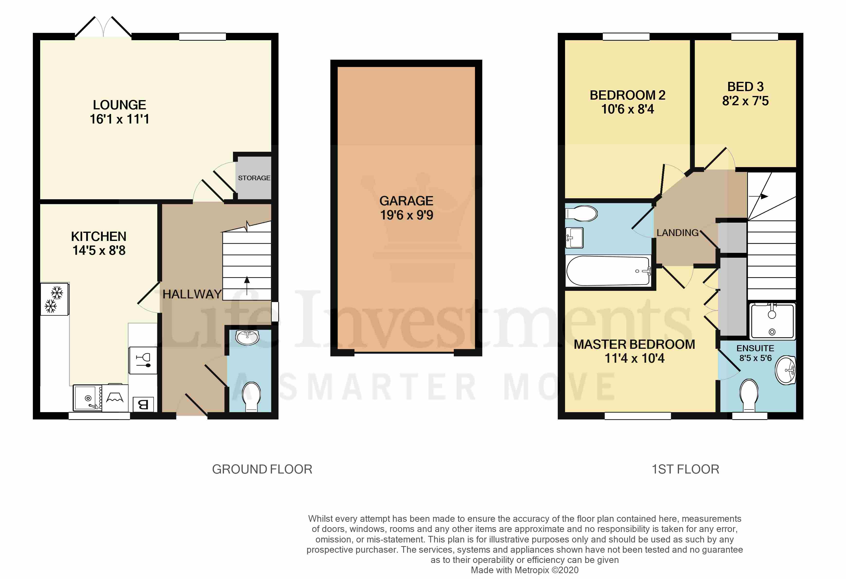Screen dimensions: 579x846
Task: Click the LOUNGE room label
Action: point(119,105)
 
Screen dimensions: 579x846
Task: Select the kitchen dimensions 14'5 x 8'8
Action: point(99,251)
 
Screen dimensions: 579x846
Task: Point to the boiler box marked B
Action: point(143,404)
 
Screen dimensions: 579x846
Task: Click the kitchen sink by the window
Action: point(88,398)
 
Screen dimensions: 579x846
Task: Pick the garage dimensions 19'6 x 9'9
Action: point(406,215)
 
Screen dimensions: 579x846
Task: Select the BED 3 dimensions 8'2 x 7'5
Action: point(745,101)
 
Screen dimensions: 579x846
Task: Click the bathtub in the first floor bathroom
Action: point(608,271)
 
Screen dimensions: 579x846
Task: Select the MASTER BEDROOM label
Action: point(634,344)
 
